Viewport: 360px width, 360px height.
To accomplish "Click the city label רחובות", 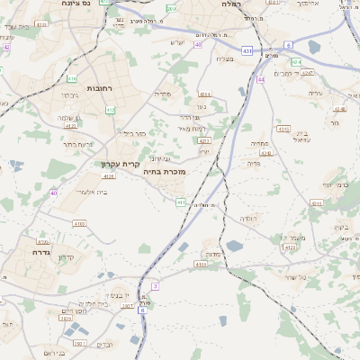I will click(98, 89).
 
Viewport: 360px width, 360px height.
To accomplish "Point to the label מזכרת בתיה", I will click(165, 170).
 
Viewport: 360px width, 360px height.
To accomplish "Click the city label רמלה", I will click(229, 4).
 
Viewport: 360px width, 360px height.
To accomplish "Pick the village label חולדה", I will click(248, 219).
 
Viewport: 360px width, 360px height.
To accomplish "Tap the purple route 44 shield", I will click(261, 79).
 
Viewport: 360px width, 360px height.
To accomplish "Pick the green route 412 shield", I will click(110, 111).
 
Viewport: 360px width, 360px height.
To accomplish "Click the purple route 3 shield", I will click(155, 286).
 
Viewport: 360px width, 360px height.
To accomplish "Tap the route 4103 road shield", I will click(79, 223).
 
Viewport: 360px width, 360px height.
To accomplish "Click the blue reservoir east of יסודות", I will click(234, 245).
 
